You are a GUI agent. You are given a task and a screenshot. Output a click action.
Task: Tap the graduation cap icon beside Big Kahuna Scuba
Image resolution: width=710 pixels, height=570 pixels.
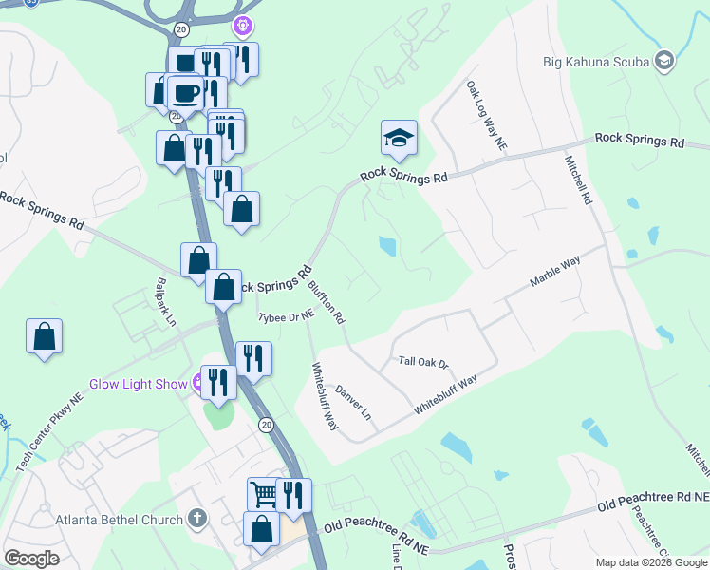[x=663, y=62]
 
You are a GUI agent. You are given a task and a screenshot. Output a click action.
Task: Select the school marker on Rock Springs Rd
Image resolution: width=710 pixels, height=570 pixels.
[x=400, y=139]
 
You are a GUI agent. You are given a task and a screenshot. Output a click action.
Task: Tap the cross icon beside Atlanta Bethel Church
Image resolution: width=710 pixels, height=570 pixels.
[x=196, y=519]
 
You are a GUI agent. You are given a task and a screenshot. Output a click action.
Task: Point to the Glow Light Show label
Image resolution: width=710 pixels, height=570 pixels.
[x=140, y=384]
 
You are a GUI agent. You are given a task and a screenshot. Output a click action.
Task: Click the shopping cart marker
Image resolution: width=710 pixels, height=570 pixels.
[x=264, y=494]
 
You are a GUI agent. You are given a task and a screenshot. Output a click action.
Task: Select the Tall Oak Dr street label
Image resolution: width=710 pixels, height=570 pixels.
[x=422, y=362]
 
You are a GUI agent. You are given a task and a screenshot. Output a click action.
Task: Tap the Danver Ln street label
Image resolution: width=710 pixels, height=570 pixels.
[x=352, y=403]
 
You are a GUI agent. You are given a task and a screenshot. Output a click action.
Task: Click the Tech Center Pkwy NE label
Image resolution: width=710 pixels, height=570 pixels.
[x=50, y=431]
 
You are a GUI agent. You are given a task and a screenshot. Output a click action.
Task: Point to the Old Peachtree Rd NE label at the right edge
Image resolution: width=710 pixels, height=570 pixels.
[x=656, y=500]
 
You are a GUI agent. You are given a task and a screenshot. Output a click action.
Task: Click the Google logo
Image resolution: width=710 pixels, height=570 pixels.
[x=32, y=559]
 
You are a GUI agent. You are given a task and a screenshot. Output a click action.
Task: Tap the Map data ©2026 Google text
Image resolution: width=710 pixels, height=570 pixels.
[x=650, y=562]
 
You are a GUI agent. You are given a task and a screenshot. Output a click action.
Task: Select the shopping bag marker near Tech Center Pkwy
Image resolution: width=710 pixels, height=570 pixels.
[x=44, y=336]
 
